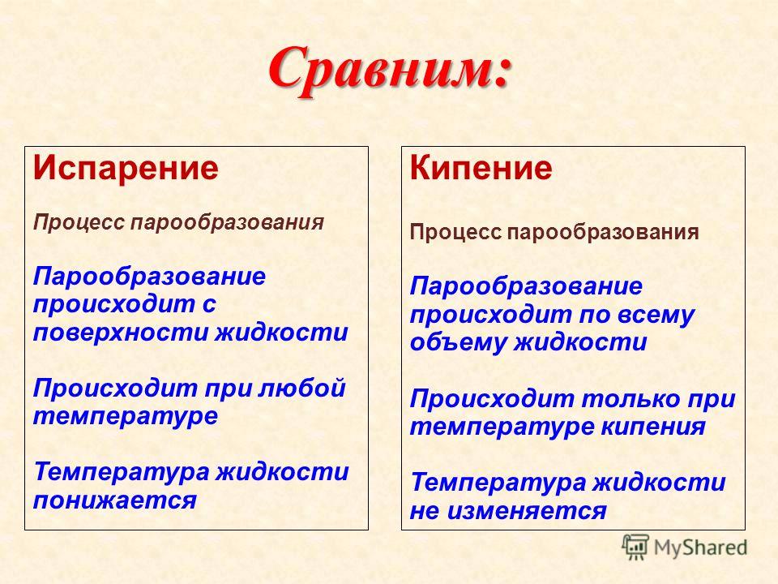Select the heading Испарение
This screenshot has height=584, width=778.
click(126, 168)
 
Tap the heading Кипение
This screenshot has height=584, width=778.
click(481, 168)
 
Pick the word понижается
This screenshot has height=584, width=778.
click(114, 500)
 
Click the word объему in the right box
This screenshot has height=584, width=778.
click(458, 342)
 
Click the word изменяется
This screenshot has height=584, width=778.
click(527, 510)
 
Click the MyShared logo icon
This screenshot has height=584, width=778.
click(635, 547)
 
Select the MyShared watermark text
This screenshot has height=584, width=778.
click(700, 547)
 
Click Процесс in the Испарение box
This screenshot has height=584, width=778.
click(79, 222)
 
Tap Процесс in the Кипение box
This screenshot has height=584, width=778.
click(455, 232)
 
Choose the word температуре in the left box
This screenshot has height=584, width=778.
click(126, 416)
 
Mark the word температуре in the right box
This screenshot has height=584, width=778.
click(502, 427)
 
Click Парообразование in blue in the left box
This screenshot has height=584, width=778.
click(149, 276)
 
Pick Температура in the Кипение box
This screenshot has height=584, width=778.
click(498, 483)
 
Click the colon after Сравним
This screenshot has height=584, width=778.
click(502, 72)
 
